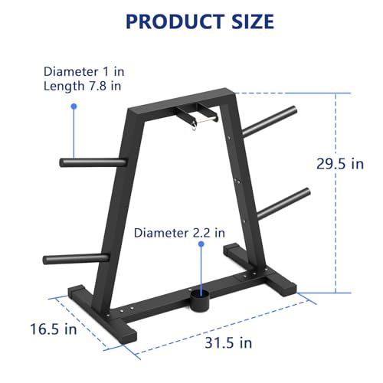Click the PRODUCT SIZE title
tap(199, 21)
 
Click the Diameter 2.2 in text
tap(180, 232)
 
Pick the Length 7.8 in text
tap(81, 87)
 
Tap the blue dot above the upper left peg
tap(74, 107)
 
